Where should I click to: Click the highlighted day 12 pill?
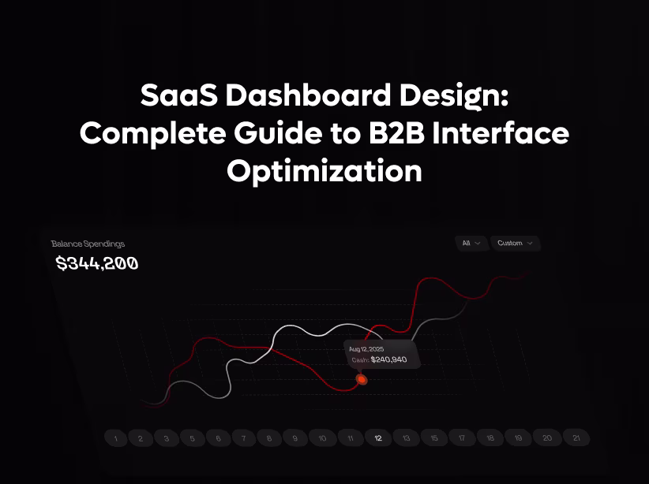pos(378,437)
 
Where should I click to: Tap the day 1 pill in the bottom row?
pos(116,438)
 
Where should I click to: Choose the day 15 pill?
pos(434,437)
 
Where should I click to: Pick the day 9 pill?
pos(295,437)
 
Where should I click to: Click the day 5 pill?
pos(193,438)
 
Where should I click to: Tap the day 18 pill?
pos(490,437)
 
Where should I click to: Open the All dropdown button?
pos(471,244)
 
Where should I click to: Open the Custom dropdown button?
pos(515,244)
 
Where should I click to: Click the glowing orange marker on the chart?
pos(362,380)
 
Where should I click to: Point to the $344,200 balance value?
pos(97,263)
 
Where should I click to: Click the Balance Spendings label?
pos(88,244)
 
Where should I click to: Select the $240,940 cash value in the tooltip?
pos(388,359)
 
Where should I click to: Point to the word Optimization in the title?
pos(324,170)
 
